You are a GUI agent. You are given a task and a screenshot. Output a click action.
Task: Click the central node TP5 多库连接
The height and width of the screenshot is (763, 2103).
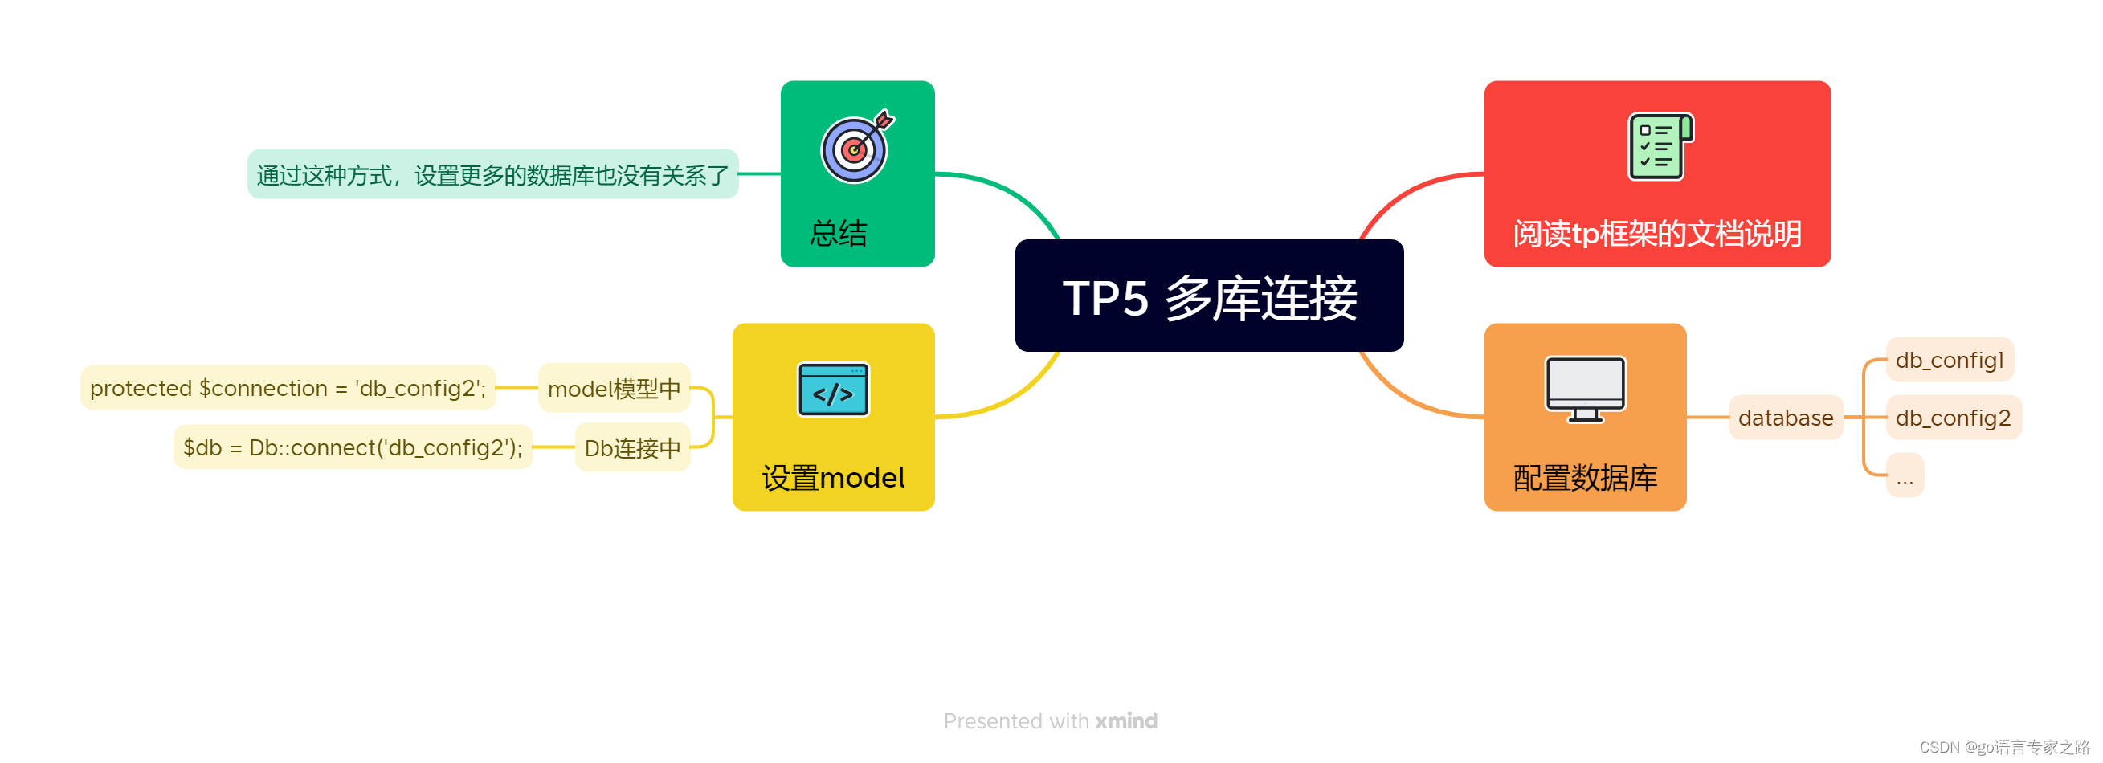(x=1209, y=296)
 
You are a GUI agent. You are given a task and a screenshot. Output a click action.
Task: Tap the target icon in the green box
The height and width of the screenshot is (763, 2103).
(x=855, y=148)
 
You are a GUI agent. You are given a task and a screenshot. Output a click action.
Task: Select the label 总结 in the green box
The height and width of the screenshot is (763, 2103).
(x=839, y=234)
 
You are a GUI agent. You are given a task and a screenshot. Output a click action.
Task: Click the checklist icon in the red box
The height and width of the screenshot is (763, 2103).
(x=1660, y=147)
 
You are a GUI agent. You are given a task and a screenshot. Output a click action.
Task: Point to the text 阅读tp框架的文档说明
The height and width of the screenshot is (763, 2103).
(x=1656, y=234)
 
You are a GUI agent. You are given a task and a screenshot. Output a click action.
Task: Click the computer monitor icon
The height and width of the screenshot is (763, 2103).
(x=1585, y=390)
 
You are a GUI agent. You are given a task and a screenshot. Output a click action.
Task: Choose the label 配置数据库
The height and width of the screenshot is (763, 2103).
(x=1585, y=477)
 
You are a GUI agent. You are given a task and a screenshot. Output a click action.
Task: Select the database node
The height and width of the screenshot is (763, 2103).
(x=1786, y=418)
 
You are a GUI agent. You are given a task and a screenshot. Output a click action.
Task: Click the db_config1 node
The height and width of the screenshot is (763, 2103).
(x=1949, y=360)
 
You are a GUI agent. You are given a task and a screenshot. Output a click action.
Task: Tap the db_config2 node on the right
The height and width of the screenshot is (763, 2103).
(x=1953, y=418)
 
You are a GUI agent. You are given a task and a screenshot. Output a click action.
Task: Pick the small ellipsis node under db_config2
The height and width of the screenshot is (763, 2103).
(x=1905, y=476)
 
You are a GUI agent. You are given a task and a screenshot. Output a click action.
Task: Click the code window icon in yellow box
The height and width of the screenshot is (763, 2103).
(x=833, y=390)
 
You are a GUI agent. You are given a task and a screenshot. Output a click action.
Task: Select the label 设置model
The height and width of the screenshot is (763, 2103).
(x=833, y=477)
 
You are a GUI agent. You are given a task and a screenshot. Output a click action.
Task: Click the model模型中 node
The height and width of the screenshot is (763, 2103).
(x=614, y=389)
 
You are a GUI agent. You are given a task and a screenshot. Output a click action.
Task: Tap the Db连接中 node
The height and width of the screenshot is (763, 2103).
(x=632, y=447)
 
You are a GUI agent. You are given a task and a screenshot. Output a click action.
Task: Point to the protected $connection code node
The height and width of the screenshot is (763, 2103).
(x=288, y=389)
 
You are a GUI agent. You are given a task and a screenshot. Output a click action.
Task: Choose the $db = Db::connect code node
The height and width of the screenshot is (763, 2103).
(x=353, y=447)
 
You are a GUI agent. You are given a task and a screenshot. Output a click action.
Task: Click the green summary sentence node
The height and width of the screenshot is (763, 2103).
(x=492, y=174)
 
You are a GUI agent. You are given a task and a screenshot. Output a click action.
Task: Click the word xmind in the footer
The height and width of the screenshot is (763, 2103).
(x=1125, y=720)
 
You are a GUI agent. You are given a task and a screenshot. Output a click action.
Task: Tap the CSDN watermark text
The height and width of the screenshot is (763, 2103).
(x=2003, y=747)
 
